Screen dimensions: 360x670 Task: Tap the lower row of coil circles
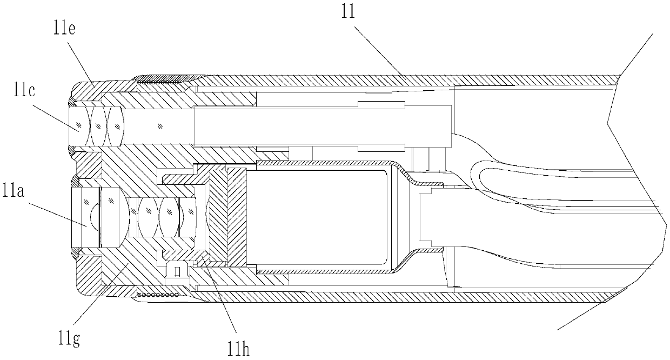click(x=158, y=295)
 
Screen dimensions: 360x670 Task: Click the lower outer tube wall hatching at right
click(x=432, y=296)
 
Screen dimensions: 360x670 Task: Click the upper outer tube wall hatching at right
click(x=432, y=79)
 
